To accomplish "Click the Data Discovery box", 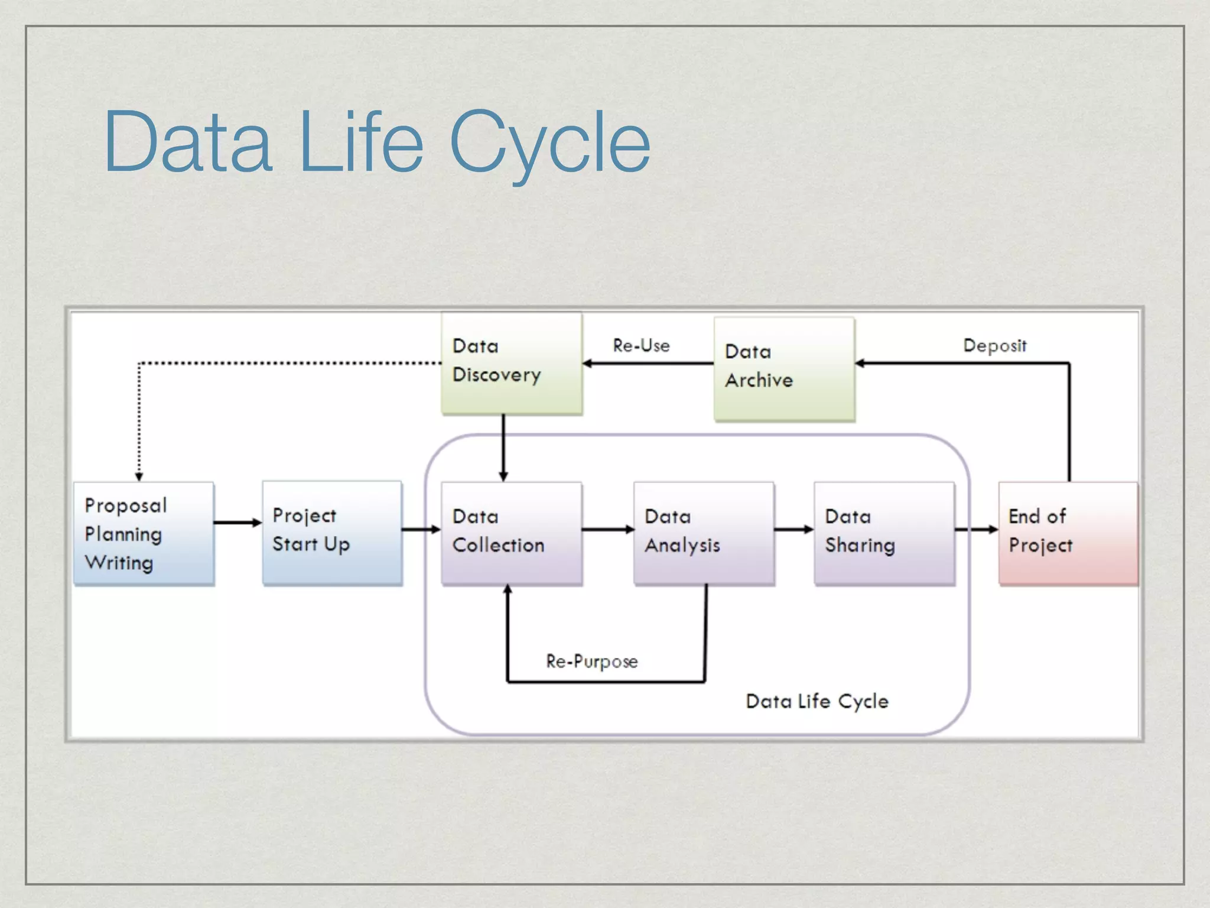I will click(512, 363).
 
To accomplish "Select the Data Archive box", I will click(784, 369).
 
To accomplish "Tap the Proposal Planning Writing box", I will click(144, 533).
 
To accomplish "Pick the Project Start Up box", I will click(332, 533).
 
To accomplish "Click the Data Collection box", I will click(512, 533).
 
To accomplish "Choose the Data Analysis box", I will click(704, 533).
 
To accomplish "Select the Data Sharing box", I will click(884, 533).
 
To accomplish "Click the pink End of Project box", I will click(1068, 533).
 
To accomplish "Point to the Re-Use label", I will click(641, 346).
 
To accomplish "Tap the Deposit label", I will click(995, 346).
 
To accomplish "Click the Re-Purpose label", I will click(591, 661).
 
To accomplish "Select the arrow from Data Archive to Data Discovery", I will click(648, 363).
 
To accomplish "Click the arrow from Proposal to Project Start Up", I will click(238, 523).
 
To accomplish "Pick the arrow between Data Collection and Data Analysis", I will click(607, 530).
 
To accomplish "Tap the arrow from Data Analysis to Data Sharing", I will click(794, 530).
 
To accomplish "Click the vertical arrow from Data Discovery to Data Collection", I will click(503, 448).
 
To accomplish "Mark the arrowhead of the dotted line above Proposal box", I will click(139, 476).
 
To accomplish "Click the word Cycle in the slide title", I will click(549, 143).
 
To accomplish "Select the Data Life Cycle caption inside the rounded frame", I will click(817, 702).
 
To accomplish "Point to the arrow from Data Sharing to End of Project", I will click(976, 530).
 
